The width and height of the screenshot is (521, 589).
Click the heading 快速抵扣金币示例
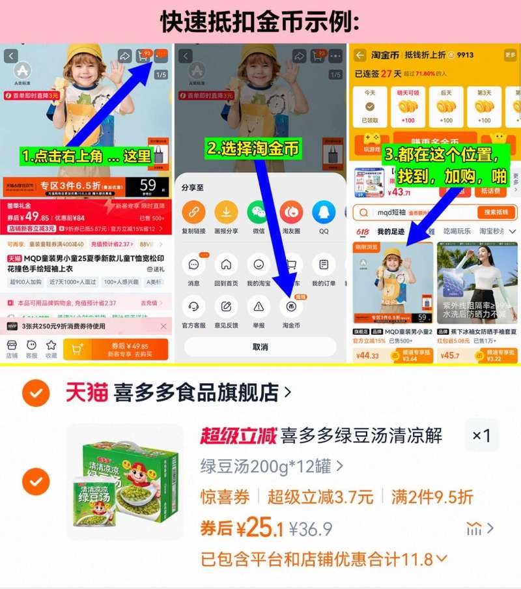coord(260,22)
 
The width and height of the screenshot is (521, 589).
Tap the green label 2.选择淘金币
coord(253,149)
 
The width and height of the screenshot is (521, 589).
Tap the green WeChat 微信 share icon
coord(259,212)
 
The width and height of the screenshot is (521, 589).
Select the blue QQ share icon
coord(324,212)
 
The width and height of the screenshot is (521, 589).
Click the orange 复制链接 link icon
coord(193,212)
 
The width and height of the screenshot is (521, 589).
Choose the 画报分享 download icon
coord(226,212)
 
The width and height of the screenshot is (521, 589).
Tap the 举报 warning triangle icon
coord(259,306)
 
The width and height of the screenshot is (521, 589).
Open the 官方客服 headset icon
coord(193,306)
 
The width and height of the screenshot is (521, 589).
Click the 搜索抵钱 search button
coord(496,212)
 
